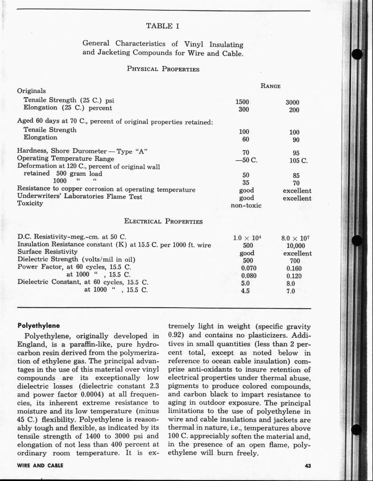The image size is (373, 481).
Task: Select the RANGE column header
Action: click(271, 86)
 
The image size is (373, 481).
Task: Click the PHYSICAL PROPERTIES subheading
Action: click(163, 69)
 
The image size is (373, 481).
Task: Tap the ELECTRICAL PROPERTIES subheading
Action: click(163, 221)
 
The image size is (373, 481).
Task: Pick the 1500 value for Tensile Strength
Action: click(243, 102)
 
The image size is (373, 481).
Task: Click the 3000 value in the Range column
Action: click(292, 102)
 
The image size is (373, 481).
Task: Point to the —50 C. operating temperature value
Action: click(246, 160)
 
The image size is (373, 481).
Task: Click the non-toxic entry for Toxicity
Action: click(246, 205)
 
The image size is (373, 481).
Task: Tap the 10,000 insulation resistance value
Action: click(296, 246)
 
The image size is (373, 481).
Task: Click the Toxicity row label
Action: click(30, 203)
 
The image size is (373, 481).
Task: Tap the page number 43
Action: click(307, 465)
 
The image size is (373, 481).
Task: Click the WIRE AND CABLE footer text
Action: click(40, 465)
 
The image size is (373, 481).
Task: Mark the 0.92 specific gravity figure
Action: click(176, 335)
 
